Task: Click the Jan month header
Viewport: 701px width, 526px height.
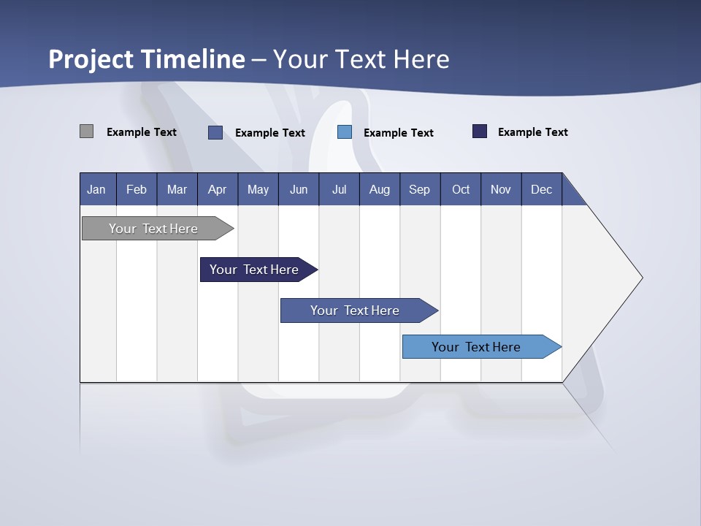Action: point(97,189)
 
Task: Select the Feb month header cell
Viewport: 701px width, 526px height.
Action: point(137,189)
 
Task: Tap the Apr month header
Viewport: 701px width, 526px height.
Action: point(218,189)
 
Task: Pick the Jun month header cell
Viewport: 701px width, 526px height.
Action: point(299,189)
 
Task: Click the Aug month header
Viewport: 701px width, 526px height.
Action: point(380,189)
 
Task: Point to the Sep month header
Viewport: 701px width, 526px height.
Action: point(420,189)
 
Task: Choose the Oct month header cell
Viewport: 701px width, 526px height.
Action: point(461,189)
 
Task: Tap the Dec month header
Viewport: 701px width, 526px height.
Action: point(542,189)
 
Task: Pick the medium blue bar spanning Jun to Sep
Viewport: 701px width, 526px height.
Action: point(356,310)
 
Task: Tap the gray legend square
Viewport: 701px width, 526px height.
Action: point(86,131)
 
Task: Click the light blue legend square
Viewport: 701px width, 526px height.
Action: point(345,132)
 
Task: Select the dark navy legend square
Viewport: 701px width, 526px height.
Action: point(480,131)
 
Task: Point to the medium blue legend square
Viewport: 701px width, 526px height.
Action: point(215,132)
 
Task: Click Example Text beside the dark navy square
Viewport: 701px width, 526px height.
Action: point(532,132)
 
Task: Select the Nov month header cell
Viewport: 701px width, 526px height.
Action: point(501,189)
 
